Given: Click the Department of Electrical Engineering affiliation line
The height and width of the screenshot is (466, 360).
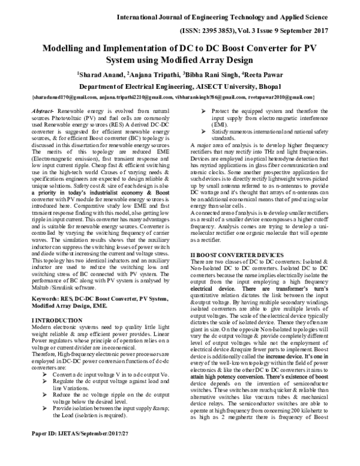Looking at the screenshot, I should [x=180, y=86].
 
